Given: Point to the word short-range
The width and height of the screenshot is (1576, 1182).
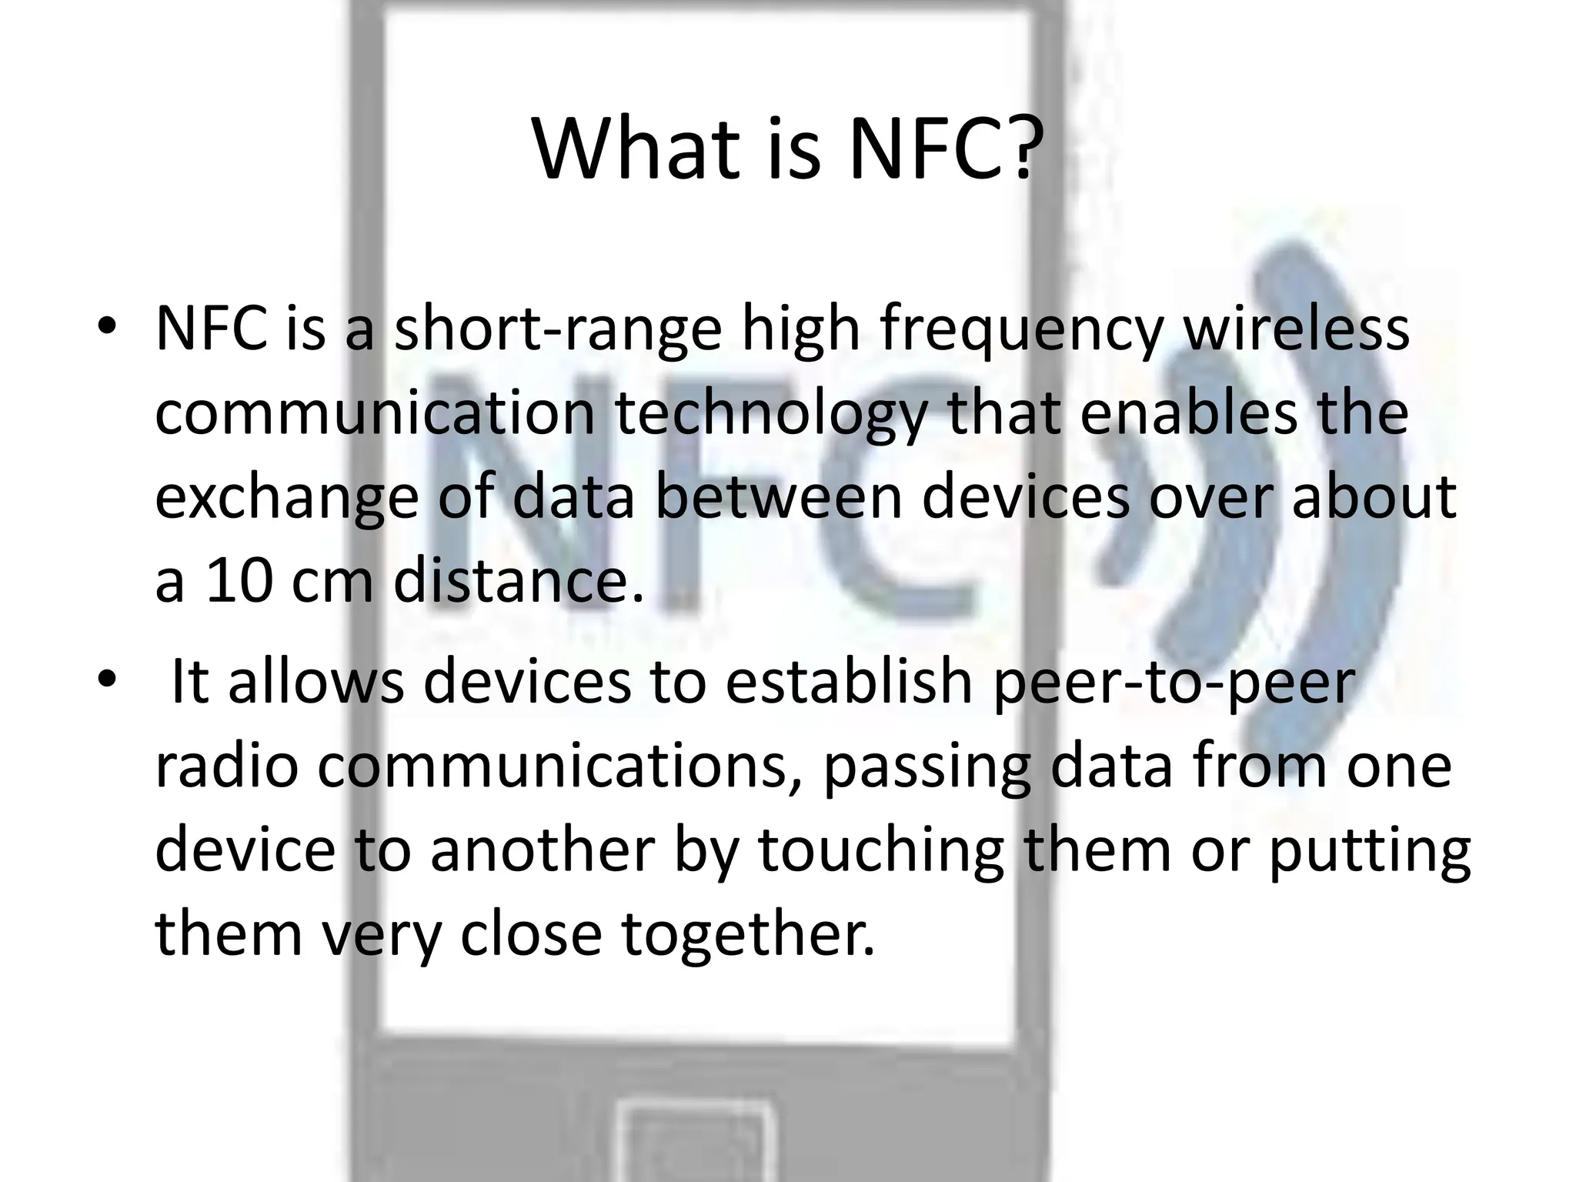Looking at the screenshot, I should point(558,329).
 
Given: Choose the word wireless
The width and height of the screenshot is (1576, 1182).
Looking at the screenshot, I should point(1296,329).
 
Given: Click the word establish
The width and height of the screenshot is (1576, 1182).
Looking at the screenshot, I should point(849,682).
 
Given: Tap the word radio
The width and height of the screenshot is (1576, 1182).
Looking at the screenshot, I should point(226,766).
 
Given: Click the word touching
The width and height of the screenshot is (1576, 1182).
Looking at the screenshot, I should point(881,853).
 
